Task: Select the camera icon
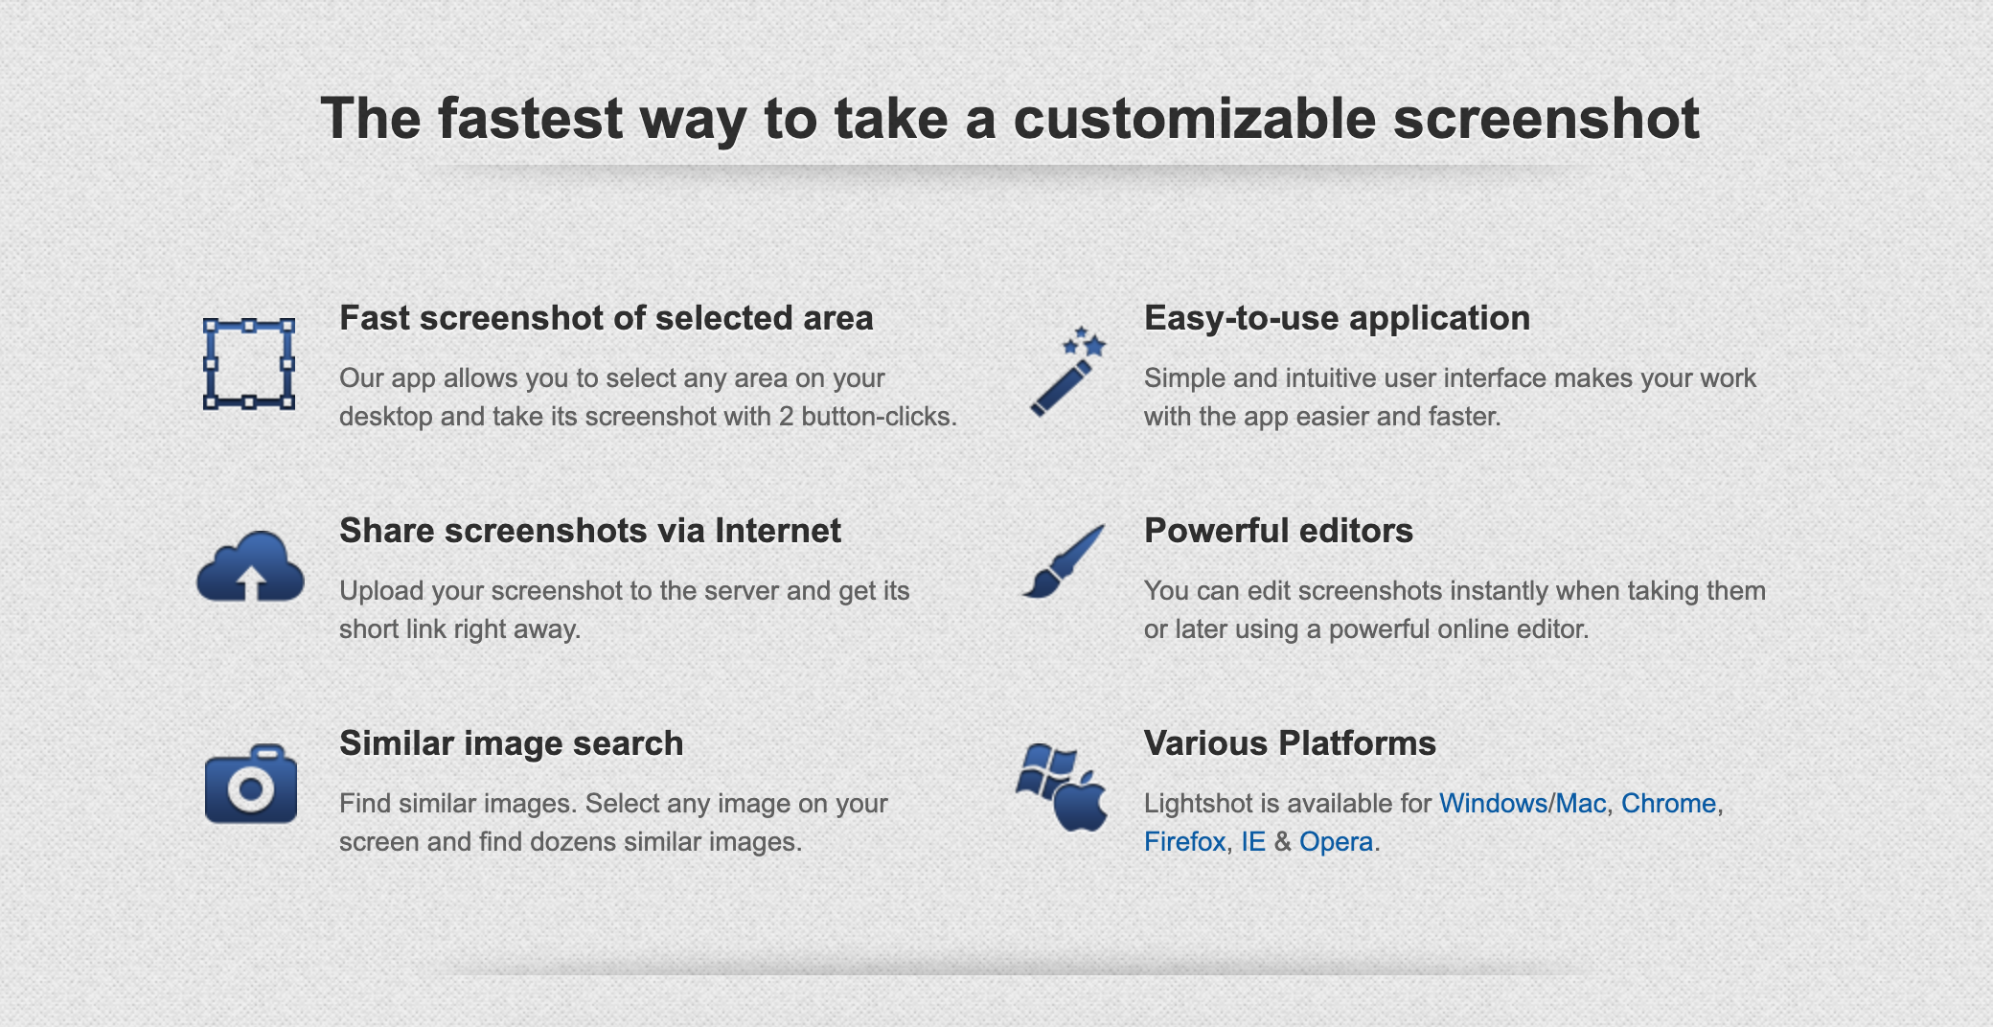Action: click(x=251, y=784)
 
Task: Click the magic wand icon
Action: click(x=1067, y=372)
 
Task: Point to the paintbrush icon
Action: click(x=1064, y=561)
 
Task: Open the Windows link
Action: click(x=1494, y=803)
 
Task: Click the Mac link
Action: click(x=1581, y=803)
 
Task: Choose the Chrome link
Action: click(x=1668, y=803)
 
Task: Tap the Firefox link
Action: click(x=1185, y=841)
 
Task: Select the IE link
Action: click(x=1253, y=841)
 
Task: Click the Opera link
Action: click(x=1337, y=843)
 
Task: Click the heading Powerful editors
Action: click(x=1278, y=531)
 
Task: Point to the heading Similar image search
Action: click(x=512, y=744)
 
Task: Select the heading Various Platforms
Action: click(x=1290, y=743)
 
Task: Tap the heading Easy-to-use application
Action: click(x=1337, y=319)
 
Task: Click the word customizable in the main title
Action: click(x=1195, y=119)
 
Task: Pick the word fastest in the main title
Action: click(x=531, y=119)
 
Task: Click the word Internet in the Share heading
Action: click(x=778, y=531)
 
